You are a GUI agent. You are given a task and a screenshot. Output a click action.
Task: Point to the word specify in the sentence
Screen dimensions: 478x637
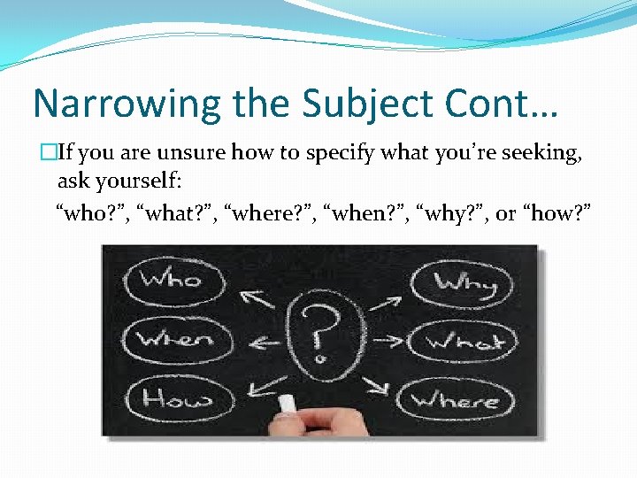pos(339,154)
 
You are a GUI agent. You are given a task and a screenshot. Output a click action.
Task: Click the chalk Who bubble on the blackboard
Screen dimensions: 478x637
pos(173,280)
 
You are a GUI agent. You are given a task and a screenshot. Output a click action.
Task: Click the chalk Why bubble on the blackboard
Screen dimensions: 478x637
pos(465,282)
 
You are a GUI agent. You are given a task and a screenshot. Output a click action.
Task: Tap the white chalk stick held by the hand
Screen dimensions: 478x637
pos(288,404)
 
